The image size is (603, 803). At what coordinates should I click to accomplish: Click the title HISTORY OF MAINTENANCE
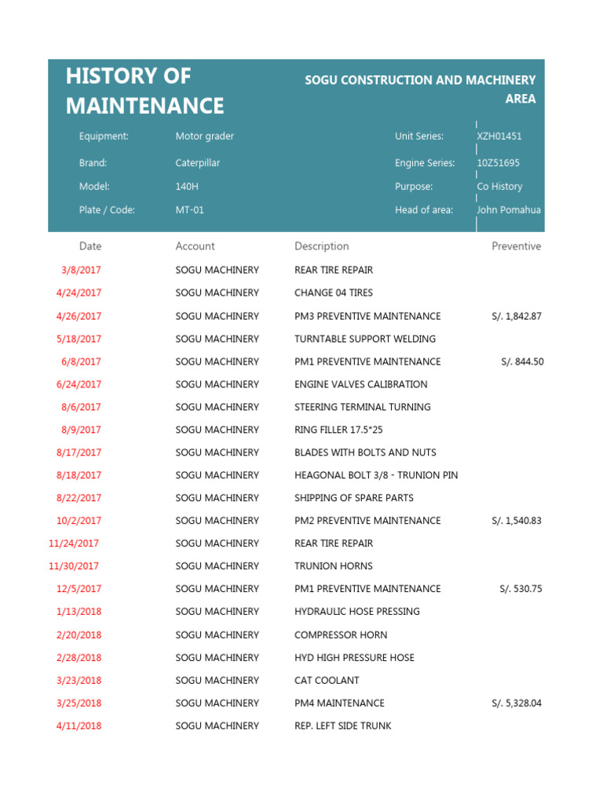pyautogui.click(x=145, y=91)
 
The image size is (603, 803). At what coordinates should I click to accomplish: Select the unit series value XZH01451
pyautogui.click(x=499, y=136)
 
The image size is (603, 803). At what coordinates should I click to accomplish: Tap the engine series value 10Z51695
pyautogui.click(x=498, y=163)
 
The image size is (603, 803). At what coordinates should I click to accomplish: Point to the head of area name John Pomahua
pyautogui.click(x=509, y=210)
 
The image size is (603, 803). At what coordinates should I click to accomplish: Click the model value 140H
pyautogui.click(x=187, y=187)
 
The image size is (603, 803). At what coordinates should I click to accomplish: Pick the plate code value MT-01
pyautogui.click(x=190, y=210)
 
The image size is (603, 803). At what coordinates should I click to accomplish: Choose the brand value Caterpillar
pyautogui.click(x=198, y=163)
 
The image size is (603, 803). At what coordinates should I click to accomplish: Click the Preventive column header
pyautogui.click(x=516, y=246)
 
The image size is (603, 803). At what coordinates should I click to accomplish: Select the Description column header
pyautogui.click(x=322, y=246)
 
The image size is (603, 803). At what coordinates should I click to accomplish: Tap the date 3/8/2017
pyautogui.click(x=81, y=270)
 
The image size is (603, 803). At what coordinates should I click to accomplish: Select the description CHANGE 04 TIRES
pyautogui.click(x=334, y=292)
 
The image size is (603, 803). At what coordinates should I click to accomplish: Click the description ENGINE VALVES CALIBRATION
pyautogui.click(x=361, y=384)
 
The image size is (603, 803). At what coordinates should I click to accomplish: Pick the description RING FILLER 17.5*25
pyautogui.click(x=338, y=430)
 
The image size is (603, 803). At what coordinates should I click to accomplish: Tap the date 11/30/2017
pyautogui.click(x=74, y=566)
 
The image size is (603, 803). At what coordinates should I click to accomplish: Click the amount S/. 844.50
pyautogui.click(x=521, y=362)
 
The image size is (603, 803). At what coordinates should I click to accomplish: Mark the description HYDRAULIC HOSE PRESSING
pyautogui.click(x=357, y=612)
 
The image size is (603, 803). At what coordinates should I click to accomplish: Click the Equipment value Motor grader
pyautogui.click(x=205, y=136)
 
